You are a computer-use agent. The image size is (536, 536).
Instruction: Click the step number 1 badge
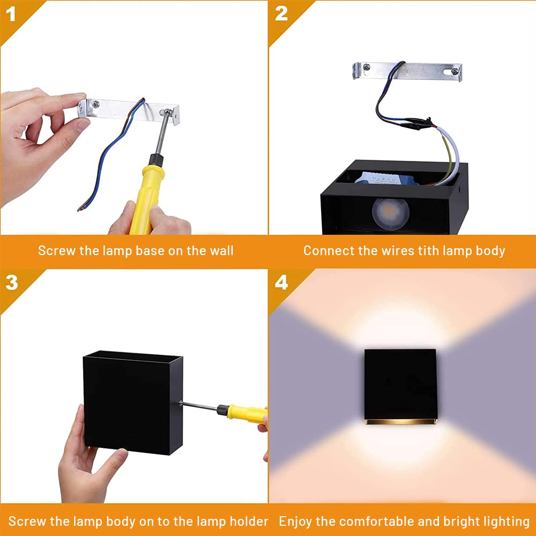point(11,13)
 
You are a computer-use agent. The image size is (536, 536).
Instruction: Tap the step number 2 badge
point(281,13)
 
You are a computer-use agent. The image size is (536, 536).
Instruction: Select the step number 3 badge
point(11,282)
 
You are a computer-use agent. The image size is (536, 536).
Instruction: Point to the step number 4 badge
point(281,282)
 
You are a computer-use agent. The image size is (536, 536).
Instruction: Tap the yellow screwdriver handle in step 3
point(247,413)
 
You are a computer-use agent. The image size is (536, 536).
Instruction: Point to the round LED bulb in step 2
point(390,212)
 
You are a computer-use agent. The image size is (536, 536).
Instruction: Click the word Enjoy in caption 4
point(296,521)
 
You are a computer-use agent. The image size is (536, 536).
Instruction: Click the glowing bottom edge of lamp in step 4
point(400,421)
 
